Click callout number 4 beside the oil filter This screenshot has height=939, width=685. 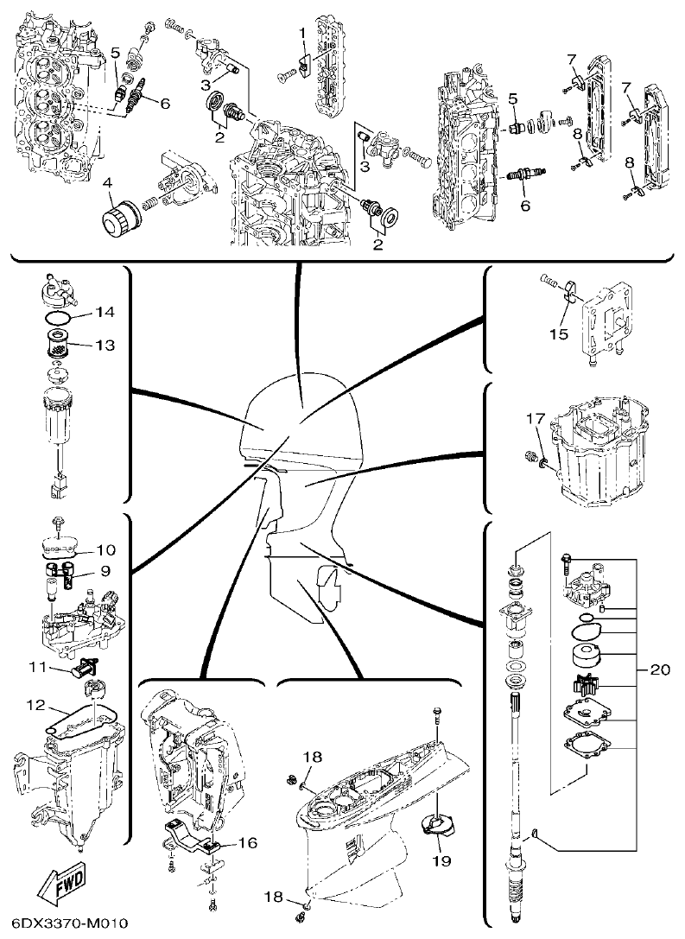coord(108,182)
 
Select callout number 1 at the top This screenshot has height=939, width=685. coord(302,32)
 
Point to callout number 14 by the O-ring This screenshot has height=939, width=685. coord(105,311)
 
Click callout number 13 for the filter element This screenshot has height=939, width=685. coord(105,346)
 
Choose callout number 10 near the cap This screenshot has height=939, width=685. coord(105,549)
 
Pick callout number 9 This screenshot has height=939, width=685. coord(105,571)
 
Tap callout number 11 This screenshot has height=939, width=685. coord(37,666)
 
